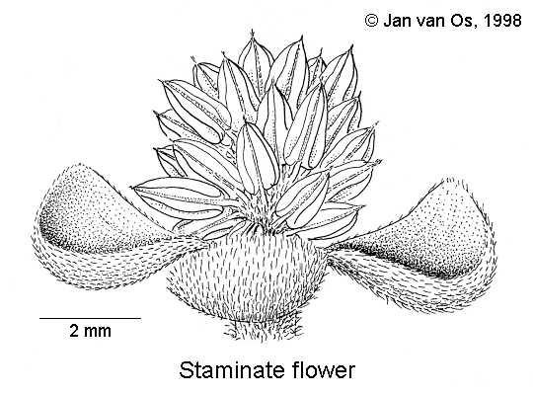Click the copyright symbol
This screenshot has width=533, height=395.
(x=371, y=21)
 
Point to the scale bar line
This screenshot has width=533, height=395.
(x=91, y=318)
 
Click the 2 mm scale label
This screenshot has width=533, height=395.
(x=91, y=331)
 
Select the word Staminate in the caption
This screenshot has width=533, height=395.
(x=231, y=370)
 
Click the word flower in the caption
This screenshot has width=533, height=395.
(x=322, y=370)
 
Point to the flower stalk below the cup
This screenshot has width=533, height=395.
(x=263, y=330)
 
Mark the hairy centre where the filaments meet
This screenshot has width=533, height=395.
(x=260, y=212)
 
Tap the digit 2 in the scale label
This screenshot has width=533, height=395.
(x=74, y=331)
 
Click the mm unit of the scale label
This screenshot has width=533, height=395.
(x=98, y=333)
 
